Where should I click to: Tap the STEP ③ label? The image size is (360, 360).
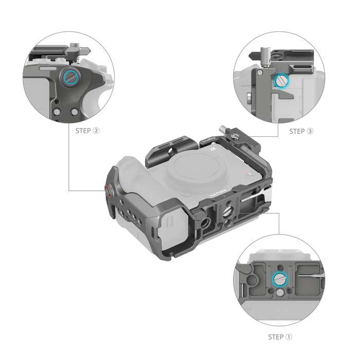pos(301,131)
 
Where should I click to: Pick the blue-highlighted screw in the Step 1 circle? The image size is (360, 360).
pos(279,279)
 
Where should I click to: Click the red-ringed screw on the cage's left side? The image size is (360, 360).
pos(109,191)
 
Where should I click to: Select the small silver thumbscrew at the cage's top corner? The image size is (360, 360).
pos(235,137)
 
